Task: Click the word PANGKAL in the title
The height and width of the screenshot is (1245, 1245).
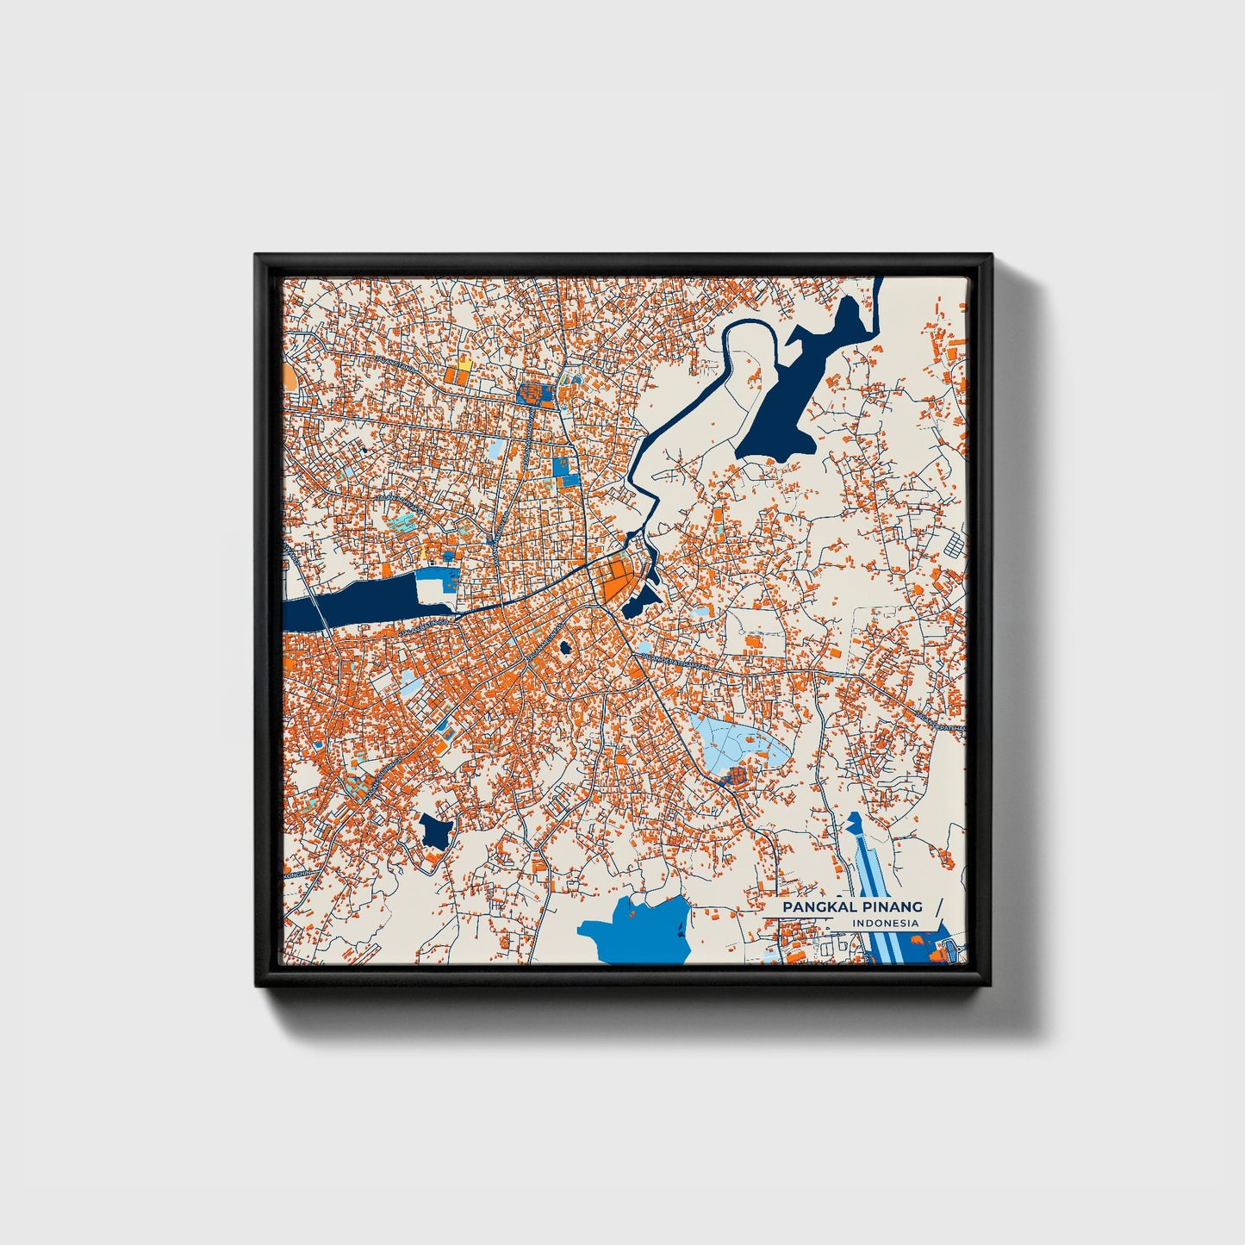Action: (x=815, y=907)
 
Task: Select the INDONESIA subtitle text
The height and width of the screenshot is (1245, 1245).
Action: (x=886, y=924)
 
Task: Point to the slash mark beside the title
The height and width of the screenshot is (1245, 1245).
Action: (x=937, y=913)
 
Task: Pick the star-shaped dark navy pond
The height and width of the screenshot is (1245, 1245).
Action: (x=435, y=831)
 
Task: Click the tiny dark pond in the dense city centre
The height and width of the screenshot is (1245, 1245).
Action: (x=565, y=647)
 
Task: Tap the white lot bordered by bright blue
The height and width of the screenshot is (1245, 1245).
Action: (x=431, y=589)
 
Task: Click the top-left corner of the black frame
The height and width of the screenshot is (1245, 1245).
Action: (x=257, y=256)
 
